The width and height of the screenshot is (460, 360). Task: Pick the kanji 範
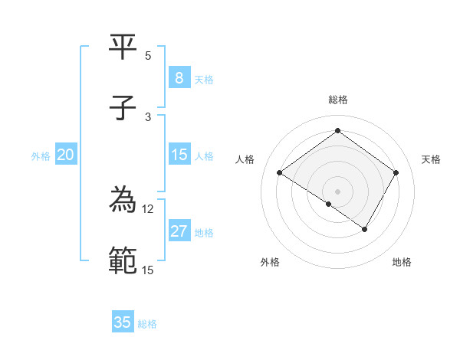click(x=123, y=261)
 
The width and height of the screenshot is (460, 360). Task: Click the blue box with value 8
click(x=179, y=77)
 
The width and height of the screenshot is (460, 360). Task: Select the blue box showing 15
click(x=179, y=155)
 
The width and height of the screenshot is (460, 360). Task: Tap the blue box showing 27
click(x=179, y=231)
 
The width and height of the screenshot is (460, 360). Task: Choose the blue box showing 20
click(x=66, y=155)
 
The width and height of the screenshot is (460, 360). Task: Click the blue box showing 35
click(x=123, y=322)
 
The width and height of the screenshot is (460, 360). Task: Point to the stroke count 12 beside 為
click(x=148, y=208)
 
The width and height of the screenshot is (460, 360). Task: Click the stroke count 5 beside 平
click(x=148, y=55)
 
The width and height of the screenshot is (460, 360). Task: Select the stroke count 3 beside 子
click(x=148, y=116)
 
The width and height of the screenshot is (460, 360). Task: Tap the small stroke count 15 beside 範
click(x=148, y=270)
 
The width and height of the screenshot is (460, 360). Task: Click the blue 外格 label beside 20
click(x=41, y=155)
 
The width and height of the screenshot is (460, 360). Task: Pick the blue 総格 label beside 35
click(x=147, y=324)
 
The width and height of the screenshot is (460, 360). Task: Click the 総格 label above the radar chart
click(x=338, y=100)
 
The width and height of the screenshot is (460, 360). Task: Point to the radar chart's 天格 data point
click(x=396, y=173)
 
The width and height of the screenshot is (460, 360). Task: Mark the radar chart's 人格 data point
click(x=280, y=173)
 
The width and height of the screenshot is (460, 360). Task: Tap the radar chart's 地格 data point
click(x=365, y=229)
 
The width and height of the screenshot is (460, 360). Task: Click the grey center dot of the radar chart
click(x=338, y=191)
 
